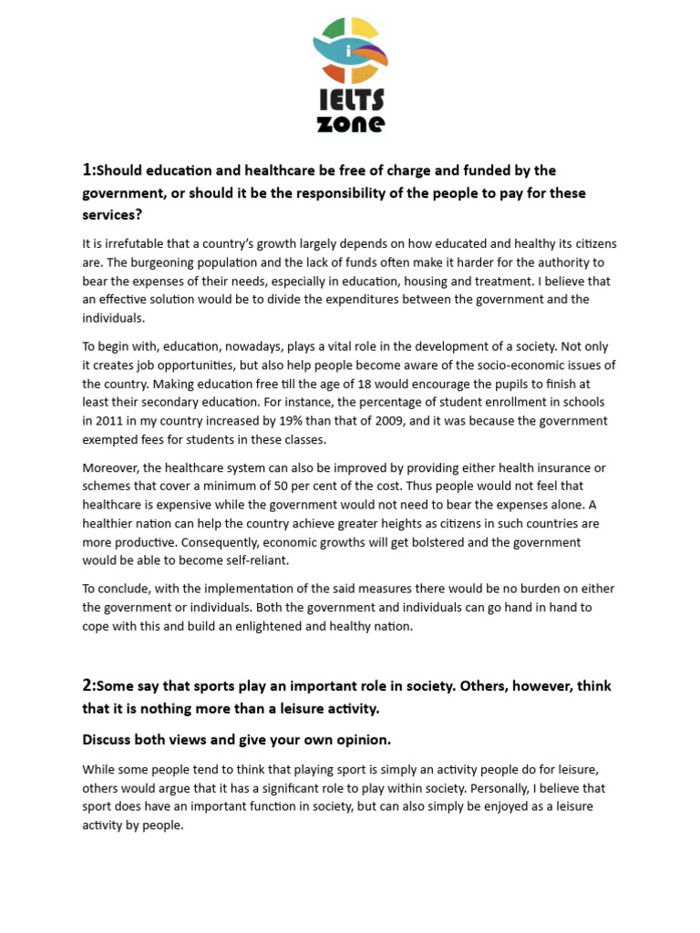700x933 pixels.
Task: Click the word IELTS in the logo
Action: pos(351,99)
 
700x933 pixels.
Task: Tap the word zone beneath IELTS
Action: pos(351,123)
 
